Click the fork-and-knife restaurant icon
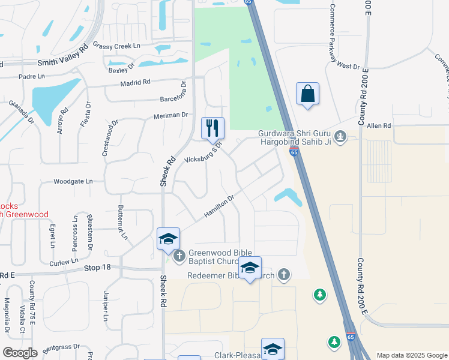pos(212,128)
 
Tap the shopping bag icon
pos(307,94)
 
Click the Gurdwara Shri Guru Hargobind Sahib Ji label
pos(294,138)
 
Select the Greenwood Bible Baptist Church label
pos(220,257)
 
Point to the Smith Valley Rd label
pos(62,62)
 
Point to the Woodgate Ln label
pos(73,181)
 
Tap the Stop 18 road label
pos(98,268)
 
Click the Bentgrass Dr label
pos(61,347)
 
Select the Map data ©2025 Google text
pos(411,355)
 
